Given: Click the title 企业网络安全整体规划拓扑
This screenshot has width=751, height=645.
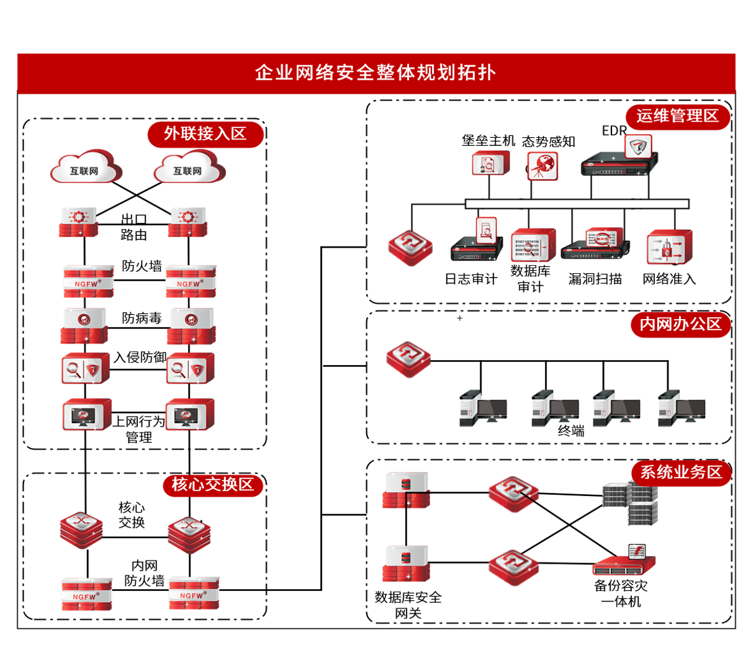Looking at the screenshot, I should click(375, 73).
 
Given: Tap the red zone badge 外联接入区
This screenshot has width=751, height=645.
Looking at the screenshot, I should click(205, 134).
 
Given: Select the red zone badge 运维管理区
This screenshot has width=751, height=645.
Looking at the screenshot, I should click(677, 116).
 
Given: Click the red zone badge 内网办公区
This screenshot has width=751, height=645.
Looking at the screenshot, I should click(681, 324).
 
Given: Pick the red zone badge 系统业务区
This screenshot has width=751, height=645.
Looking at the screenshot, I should click(681, 472).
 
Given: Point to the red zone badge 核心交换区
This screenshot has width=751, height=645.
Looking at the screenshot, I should click(213, 484).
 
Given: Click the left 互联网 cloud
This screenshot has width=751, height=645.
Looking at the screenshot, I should click(85, 168).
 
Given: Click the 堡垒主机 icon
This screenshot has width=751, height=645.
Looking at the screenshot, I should click(490, 164).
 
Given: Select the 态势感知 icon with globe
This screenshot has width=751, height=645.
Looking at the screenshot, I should click(542, 166).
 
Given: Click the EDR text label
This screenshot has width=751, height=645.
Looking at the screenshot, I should click(614, 131).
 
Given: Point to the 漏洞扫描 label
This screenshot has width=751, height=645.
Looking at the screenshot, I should click(595, 279).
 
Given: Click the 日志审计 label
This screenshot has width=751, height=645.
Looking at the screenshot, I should click(471, 279).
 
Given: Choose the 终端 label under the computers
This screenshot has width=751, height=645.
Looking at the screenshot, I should click(571, 431).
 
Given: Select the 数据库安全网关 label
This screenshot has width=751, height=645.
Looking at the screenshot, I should click(408, 605).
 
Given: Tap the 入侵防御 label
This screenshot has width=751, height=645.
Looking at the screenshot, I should click(140, 358).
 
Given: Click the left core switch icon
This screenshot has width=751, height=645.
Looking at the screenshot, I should click(81, 530).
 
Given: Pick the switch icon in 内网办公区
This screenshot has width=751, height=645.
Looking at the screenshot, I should click(408, 359).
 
